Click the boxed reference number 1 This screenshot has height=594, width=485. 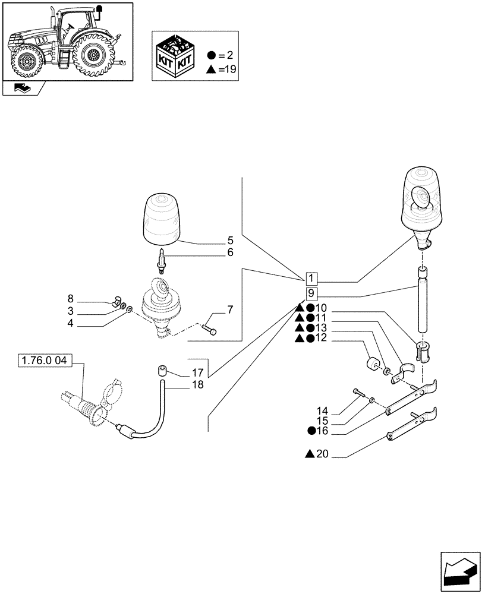coord(313,279)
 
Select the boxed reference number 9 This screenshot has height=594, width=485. coord(313,294)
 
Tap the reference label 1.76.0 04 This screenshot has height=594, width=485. coord(45,360)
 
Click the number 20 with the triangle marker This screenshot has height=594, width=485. coord(321,454)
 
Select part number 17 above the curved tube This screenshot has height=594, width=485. coord(197,373)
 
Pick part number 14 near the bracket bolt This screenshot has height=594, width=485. coord(322,410)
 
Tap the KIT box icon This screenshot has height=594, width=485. coord(175,56)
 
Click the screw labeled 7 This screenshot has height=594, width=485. coord(209,327)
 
